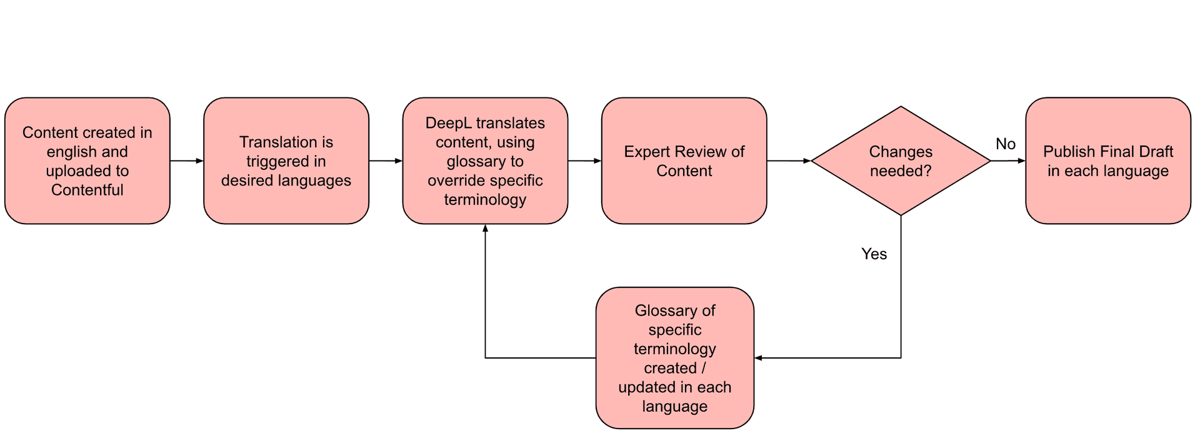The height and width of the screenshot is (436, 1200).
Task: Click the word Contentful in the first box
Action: point(87,190)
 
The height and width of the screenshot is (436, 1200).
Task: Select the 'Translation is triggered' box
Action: point(286,161)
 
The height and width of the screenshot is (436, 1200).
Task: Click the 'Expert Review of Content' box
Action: point(684,161)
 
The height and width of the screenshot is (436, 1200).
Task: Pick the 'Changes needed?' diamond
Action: point(900,161)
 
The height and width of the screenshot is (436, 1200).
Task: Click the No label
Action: point(1005,144)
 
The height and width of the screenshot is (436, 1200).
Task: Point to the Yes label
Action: point(874,254)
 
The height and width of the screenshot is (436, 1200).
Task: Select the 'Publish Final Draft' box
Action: point(1107,161)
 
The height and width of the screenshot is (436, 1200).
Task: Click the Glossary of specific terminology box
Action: point(674,358)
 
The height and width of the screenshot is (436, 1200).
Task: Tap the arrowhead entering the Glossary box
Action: point(758,358)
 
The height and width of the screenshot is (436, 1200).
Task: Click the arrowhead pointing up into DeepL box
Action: point(485,229)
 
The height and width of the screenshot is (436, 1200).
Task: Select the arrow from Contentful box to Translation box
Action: point(186,161)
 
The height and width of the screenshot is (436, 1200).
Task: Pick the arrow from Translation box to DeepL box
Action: point(385,161)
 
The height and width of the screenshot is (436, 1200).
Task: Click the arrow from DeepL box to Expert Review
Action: point(584,161)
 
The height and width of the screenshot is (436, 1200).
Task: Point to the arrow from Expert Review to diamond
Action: point(787,161)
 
